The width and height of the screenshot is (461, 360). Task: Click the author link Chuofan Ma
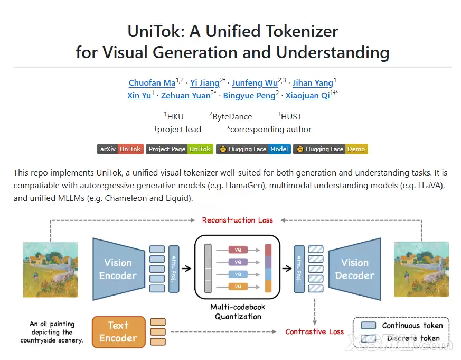coord(152,83)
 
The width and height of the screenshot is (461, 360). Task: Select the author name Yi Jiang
coord(205,83)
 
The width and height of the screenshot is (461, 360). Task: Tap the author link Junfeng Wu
coord(255,83)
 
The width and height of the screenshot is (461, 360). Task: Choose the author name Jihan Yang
coord(313,83)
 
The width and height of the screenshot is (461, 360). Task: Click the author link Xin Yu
coord(139,96)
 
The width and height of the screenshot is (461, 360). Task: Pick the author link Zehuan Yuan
coord(185,96)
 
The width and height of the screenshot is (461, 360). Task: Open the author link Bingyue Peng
coord(249,96)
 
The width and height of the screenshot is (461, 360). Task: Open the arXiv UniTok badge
coord(120,149)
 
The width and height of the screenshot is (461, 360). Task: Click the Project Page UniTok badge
coord(180,149)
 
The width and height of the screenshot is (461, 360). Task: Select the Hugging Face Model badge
coord(253,149)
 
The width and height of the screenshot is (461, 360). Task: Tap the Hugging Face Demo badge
coord(330,149)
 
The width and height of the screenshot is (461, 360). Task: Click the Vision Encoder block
coord(118,269)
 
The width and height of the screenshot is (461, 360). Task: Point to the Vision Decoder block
coord(354,269)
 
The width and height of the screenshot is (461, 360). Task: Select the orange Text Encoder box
coord(118,331)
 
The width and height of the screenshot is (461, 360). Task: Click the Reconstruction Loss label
coord(238,220)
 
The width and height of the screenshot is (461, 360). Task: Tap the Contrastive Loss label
coord(314,332)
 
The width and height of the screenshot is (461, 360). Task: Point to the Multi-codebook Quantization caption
coord(238,312)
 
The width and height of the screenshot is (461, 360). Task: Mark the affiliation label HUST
coord(291,116)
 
